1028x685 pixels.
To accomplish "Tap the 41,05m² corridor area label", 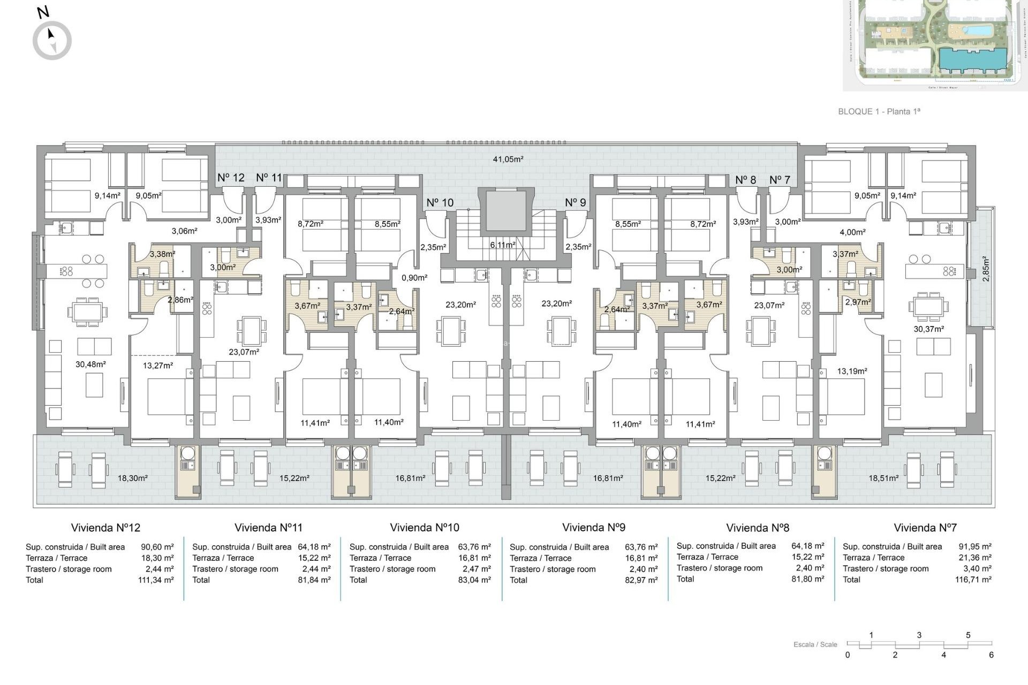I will (508, 159).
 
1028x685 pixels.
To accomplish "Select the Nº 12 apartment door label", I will (231, 178).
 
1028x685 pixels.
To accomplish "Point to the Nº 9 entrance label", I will (576, 203).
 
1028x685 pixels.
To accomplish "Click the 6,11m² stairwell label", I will (503, 245).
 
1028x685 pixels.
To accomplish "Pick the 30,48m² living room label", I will (90, 364).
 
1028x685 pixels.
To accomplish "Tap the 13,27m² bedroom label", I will (158, 366).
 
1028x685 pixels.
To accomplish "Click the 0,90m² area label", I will (414, 278).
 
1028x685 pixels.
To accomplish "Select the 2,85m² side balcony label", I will (986, 269).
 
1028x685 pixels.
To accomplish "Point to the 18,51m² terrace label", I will (883, 478).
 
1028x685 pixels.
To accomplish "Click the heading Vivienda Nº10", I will (425, 528).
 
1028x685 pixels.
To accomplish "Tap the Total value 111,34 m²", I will (156, 580).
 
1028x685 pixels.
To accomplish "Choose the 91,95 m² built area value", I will (975, 547).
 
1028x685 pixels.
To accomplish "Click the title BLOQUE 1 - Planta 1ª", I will (879, 111).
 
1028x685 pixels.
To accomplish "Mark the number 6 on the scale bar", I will (991, 655).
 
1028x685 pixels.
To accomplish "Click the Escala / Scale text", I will (815, 644).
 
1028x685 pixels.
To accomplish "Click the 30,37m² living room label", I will (928, 329).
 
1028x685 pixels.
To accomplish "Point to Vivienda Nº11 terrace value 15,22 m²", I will (314, 558).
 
